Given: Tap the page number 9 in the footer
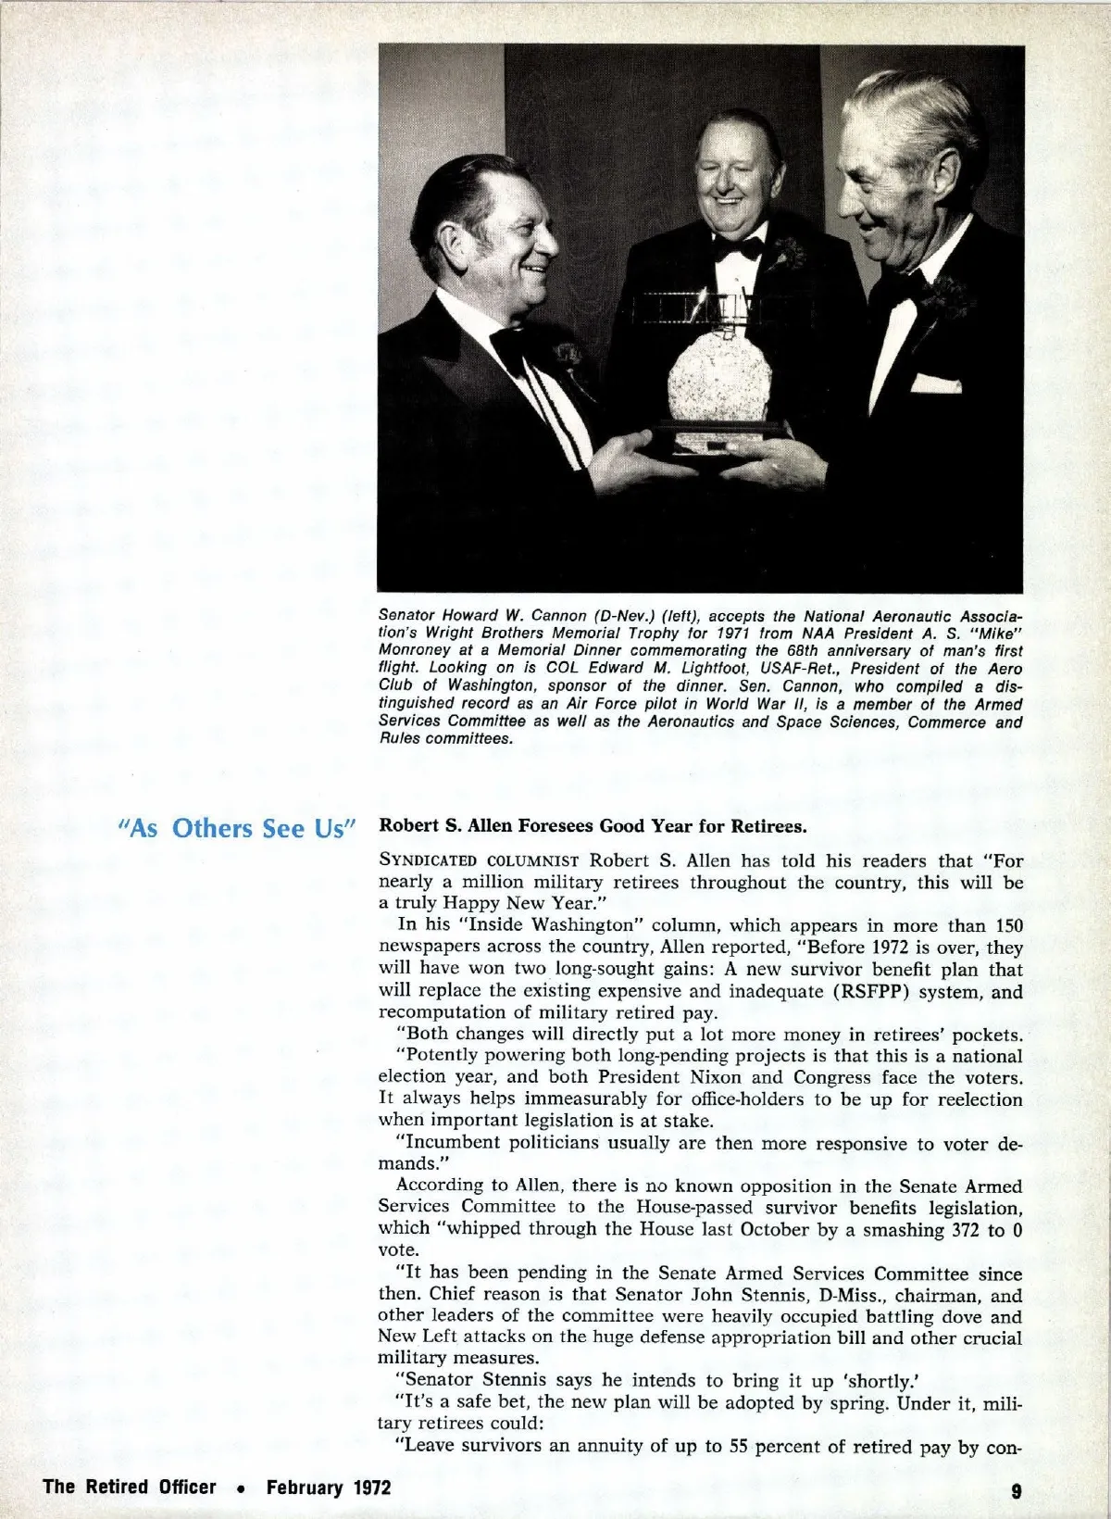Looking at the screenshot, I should click(x=1016, y=1490).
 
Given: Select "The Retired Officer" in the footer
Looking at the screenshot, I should click(x=130, y=1488).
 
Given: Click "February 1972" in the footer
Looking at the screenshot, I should click(x=329, y=1488).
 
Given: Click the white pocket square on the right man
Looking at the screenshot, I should click(x=930, y=381).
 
